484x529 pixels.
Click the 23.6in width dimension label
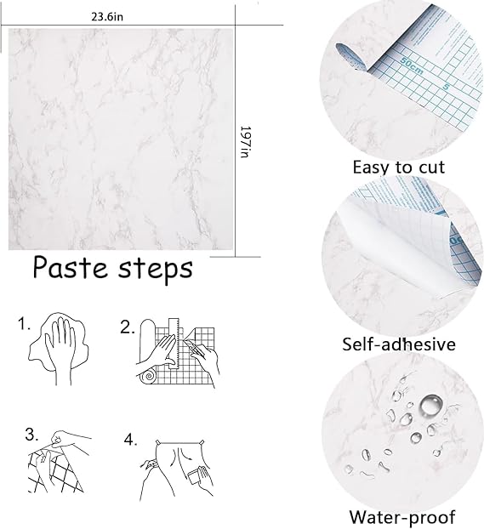107,16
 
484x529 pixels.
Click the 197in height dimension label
245,142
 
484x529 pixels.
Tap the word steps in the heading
155,270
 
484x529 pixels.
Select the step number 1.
24,324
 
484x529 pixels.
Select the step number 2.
128,327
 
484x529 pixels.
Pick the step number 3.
31,435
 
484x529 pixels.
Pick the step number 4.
131,439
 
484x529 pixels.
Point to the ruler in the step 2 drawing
174,343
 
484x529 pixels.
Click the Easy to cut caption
399,168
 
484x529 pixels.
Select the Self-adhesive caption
399,344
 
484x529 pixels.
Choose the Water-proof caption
402,517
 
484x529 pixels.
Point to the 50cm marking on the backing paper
411,65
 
